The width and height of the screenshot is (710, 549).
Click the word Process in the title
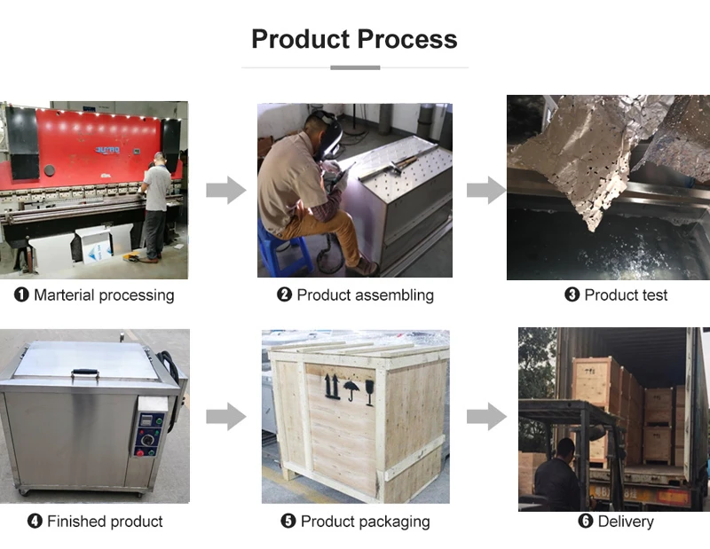(x=406, y=39)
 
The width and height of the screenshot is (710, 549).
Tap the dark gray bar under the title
(x=355, y=67)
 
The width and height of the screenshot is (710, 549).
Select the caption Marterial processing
(x=94, y=295)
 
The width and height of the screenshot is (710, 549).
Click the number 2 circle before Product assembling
(x=284, y=295)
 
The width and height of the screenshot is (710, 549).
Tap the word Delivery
(x=626, y=522)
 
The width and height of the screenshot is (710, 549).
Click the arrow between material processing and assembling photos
(x=225, y=190)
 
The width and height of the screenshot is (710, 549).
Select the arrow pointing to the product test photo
(x=485, y=190)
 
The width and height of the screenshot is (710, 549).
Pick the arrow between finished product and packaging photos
(x=225, y=416)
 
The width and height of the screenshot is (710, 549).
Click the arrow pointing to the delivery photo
(x=485, y=416)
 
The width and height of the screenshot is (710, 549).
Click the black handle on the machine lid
(x=85, y=373)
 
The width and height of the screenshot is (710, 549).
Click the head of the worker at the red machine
(x=159, y=159)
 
